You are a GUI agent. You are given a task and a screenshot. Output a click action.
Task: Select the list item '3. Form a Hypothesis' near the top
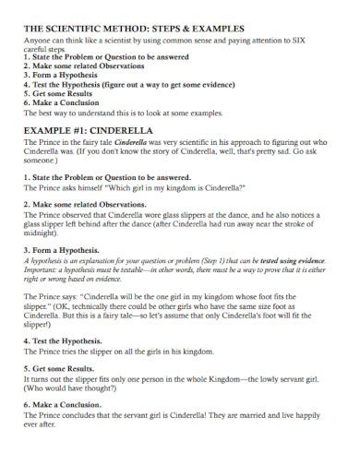(64, 74)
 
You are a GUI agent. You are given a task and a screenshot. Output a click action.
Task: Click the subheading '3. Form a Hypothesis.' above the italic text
(66, 249)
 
